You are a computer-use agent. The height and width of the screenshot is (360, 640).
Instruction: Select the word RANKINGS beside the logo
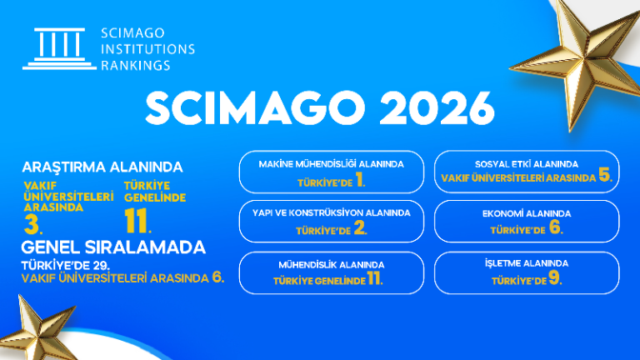click(x=135, y=64)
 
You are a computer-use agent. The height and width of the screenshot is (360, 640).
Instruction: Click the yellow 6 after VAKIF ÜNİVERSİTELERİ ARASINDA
click(x=218, y=277)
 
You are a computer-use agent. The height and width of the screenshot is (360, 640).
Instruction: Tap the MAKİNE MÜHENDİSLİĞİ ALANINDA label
click(x=332, y=164)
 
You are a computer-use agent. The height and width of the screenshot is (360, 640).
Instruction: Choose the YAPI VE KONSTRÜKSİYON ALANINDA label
click(x=332, y=212)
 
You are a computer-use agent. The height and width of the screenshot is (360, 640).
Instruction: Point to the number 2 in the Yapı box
click(x=359, y=229)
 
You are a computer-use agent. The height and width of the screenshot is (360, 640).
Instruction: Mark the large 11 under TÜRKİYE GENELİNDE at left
click(x=137, y=220)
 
